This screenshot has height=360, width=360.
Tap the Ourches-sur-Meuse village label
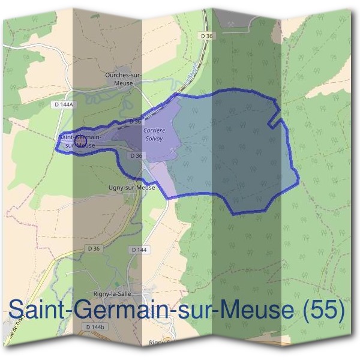pos(122,79)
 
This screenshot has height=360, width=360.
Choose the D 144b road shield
pos(95,327)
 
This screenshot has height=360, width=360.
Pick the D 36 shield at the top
pos(208,36)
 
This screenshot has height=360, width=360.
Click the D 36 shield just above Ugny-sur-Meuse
pos(136,155)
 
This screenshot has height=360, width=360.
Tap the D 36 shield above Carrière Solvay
pos(136,121)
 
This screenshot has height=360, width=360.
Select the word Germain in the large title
pos(115,311)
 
